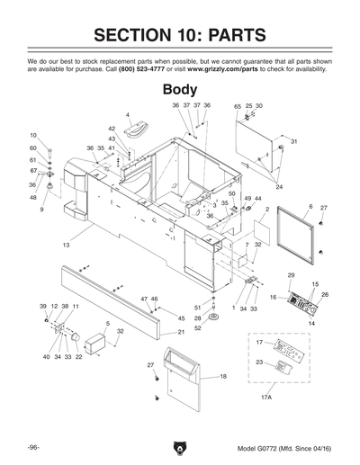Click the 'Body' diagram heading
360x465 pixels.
180,90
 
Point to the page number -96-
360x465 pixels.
32,447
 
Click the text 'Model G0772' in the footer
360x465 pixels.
256,448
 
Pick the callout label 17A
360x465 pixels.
265,397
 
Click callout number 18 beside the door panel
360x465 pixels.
223,376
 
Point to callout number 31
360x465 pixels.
293,142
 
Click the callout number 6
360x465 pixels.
310,207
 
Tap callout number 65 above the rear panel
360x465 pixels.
238,106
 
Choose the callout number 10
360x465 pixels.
33,135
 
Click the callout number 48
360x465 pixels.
33,197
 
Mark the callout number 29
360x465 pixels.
291,274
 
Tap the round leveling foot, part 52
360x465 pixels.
215,320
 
